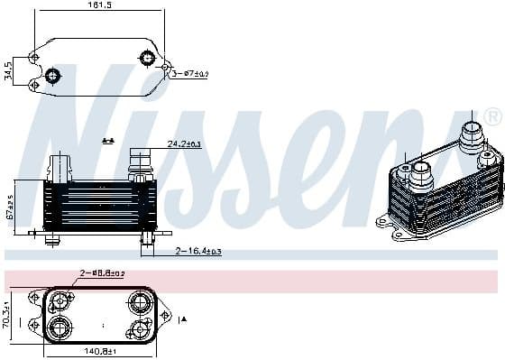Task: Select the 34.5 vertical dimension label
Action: tap(9, 70)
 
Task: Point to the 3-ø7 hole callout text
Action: tap(191, 72)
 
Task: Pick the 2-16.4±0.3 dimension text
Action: tap(198, 251)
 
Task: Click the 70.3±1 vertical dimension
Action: tap(7, 316)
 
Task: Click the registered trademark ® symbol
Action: tap(492, 117)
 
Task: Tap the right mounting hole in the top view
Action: tap(167, 66)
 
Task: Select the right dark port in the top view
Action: tap(147, 60)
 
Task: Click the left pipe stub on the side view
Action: tap(60, 167)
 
